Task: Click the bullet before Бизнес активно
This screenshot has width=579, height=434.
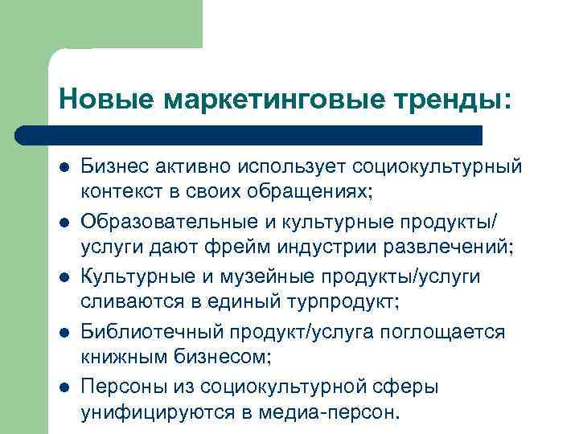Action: tap(63, 166)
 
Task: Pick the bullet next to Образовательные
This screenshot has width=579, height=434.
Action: tap(63, 221)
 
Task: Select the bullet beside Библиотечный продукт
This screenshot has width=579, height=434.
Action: tap(63, 331)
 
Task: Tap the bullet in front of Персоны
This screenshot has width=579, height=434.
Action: tap(63, 387)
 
